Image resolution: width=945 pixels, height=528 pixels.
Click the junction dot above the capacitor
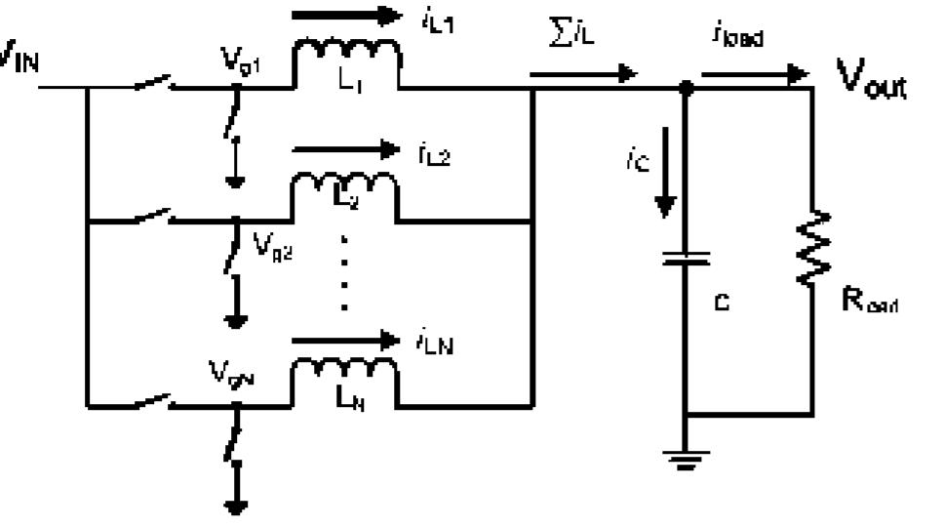[x=687, y=88]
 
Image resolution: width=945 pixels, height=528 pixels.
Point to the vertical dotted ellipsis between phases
[x=344, y=272]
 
